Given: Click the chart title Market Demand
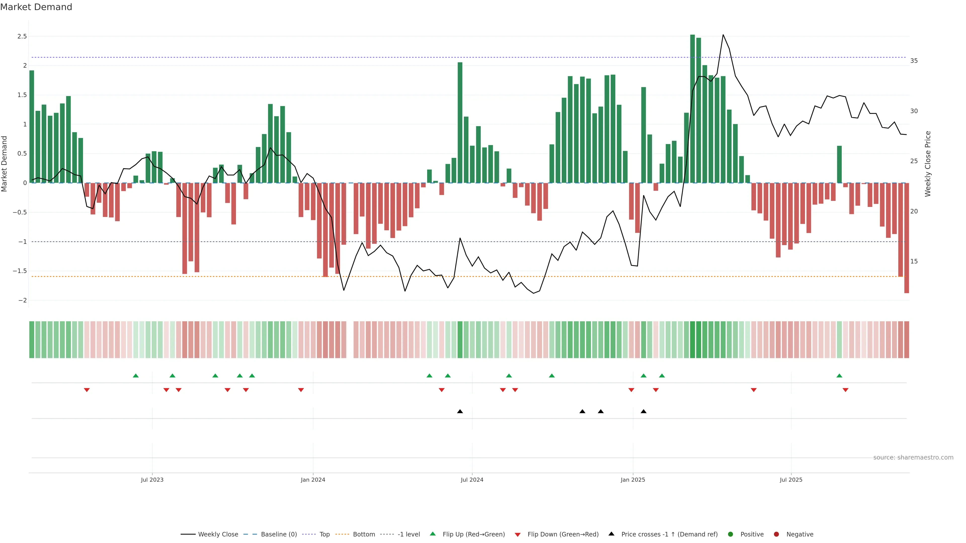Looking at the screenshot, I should pos(36,7).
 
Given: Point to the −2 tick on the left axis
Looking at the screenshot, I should pos(22,300).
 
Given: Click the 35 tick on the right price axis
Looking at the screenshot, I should pos(914,61).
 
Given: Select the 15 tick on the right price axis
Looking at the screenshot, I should pos(914,261).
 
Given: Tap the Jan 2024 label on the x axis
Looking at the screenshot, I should pos(313,480).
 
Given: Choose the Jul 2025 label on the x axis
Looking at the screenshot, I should pos(791,480).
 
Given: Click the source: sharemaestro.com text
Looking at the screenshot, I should pos(913,457).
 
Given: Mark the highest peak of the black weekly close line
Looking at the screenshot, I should pos(723,35).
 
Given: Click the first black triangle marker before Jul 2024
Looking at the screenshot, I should pos(460,412).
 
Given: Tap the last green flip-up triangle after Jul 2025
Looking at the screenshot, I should pos(839,376).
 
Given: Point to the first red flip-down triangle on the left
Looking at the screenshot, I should pos(87,390).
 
